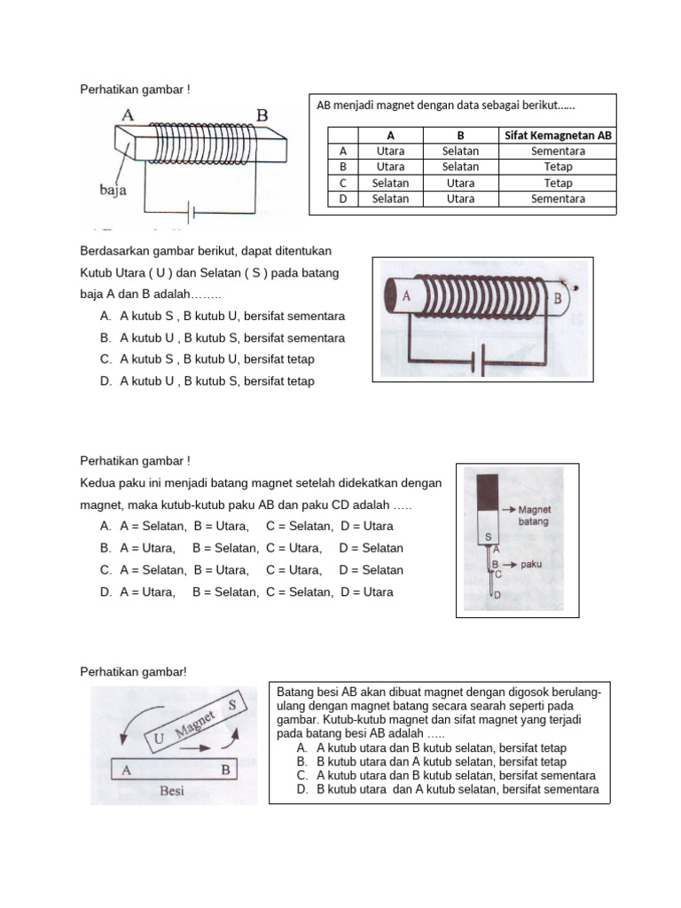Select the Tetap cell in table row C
coord(559,183)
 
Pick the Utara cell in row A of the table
coord(390,152)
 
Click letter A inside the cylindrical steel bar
coord(406,297)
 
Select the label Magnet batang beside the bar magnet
coord(534,516)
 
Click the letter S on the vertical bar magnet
coord(487,537)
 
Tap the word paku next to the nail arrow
coord(532,563)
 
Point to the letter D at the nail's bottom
coord(497,595)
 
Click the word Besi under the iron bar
coord(170,791)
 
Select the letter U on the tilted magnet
coord(160,738)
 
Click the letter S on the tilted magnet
coord(231,705)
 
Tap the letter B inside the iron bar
coord(225,770)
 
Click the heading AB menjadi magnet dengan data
coord(445,106)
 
